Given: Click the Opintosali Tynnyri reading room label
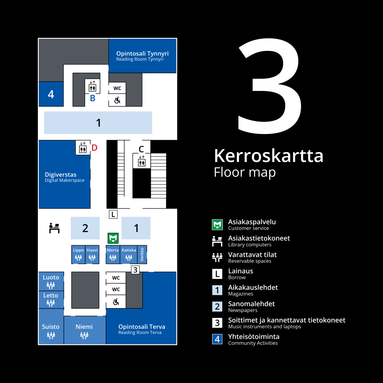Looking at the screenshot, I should click(x=142, y=56).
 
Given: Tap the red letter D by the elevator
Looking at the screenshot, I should click(x=94, y=148).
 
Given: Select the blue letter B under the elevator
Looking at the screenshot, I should click(x=93, y=98).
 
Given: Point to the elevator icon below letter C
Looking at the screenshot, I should click(x=142, y=161).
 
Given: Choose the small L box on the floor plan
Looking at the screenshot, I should click(x=113, y=214).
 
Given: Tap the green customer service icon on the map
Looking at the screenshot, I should click(x=113, y=238).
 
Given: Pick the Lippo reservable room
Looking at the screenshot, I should click(x=78, y=254).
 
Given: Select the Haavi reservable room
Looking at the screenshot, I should click(x=92, y=254).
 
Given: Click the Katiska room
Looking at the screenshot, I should click(x=129, y=254).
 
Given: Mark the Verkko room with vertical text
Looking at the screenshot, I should click(x=142, y=254).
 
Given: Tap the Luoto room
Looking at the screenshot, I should click(x=51, y=281).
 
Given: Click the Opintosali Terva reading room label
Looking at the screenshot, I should click(x=142, y=329).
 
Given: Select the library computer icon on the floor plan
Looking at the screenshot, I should click(x=54, y=228).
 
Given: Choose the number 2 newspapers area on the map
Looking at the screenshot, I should click(x=85, y=228).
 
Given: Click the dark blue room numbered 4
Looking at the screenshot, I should click(x=51, y=94).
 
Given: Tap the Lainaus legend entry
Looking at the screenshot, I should click(x=240, y=273).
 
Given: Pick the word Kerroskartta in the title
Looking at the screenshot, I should click(x=269, y=156).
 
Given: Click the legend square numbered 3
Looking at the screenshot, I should click(x=217, y=323).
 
